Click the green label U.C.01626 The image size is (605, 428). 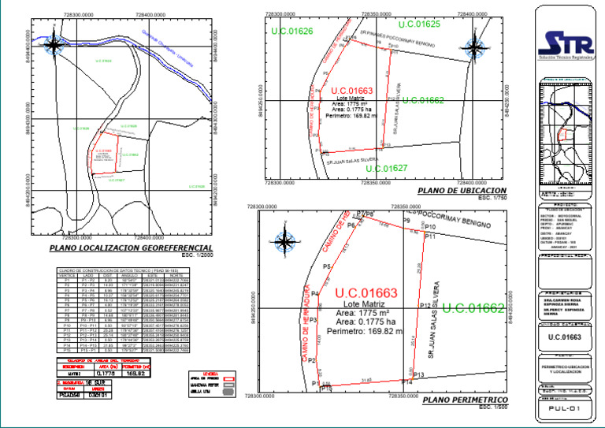(291, 31)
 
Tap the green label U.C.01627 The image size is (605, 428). (387, 169)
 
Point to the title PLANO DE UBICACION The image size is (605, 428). (462, 191)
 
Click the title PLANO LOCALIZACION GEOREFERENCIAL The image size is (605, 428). (131, 247)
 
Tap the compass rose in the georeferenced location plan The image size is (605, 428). (54, 45)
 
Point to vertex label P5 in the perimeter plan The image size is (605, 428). (327, 267)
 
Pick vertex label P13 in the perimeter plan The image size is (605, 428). (419, 374)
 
